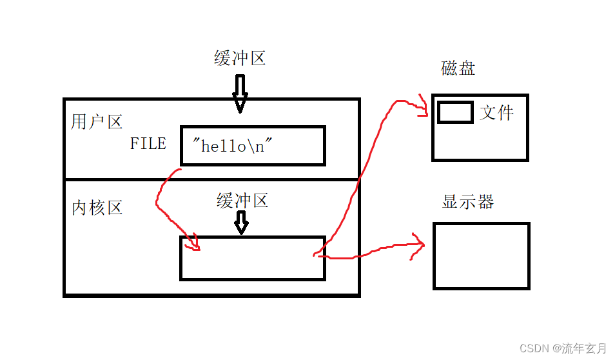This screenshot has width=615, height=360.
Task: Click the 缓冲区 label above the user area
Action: tap(240, 58)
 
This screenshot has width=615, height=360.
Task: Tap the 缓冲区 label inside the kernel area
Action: tap(242, 201)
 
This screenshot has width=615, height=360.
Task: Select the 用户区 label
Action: tap(97, 121)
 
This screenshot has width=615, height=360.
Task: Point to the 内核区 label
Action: tap(97, 208)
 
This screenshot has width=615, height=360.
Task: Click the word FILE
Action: tap(148, 143)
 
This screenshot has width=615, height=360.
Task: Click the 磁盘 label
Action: tap(458, 68)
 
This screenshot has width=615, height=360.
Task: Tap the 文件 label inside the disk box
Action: tap(496, 113)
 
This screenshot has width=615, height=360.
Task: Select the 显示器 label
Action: tap(468, 201)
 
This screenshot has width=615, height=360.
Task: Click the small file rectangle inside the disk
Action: tap(455, 112)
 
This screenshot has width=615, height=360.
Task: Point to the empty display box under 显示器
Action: tap(481, 255)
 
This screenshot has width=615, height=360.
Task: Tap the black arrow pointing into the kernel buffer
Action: tap(241, 223)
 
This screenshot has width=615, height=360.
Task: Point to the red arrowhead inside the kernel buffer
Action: tap(193, 244)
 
